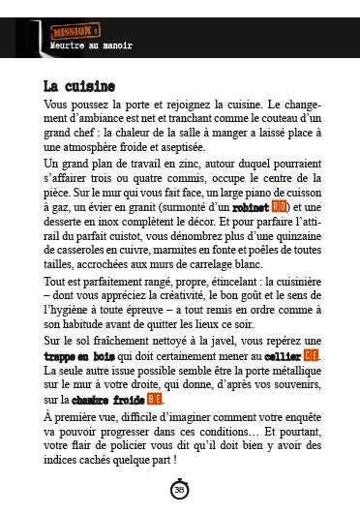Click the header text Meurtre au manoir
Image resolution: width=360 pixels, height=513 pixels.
coord(91,45)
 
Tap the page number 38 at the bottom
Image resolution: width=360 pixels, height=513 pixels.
coord(179,490)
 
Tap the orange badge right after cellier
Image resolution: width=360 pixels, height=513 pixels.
coord(312,356)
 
